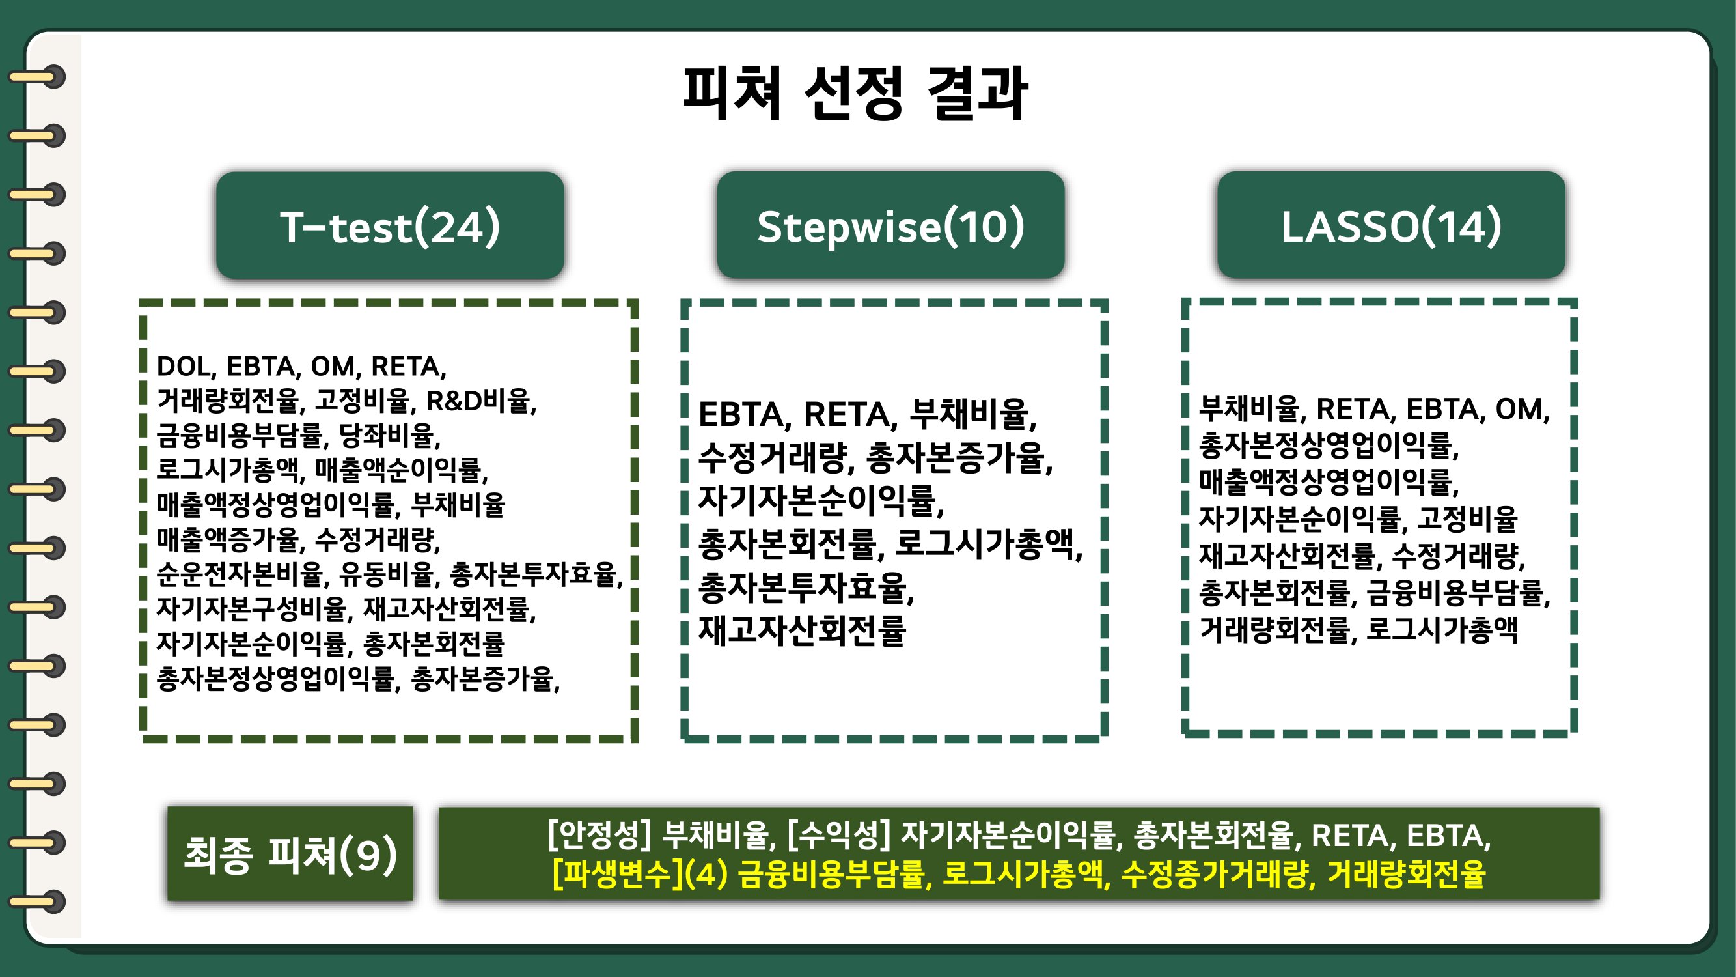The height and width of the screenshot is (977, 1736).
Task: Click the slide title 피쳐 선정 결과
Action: (x=855, y=94)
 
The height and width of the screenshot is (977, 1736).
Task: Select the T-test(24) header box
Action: (x=389, y=225)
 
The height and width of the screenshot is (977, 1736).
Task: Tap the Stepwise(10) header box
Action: (x=890, y=225)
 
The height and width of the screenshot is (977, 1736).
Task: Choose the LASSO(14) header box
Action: (x=1391, y=225)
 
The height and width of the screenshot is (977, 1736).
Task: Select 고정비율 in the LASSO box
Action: (x=1467, y=518)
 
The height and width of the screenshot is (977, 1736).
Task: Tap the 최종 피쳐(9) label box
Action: (x=290, y=854)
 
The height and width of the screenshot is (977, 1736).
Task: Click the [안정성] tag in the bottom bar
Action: (x=599, y=836)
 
